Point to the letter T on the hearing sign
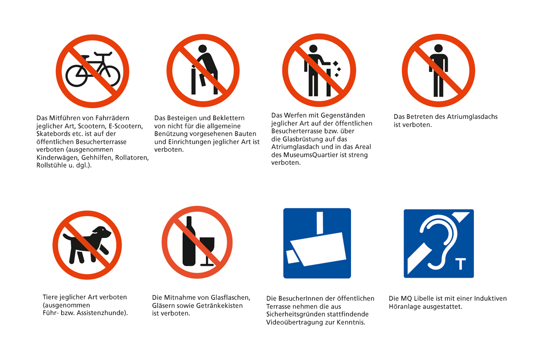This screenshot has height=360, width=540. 460,264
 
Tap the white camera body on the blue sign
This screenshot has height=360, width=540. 319,249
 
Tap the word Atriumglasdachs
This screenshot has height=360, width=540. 472,117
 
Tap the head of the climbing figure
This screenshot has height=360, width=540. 202,49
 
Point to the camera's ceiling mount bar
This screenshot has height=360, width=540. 319,223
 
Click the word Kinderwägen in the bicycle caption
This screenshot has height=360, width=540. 58,157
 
